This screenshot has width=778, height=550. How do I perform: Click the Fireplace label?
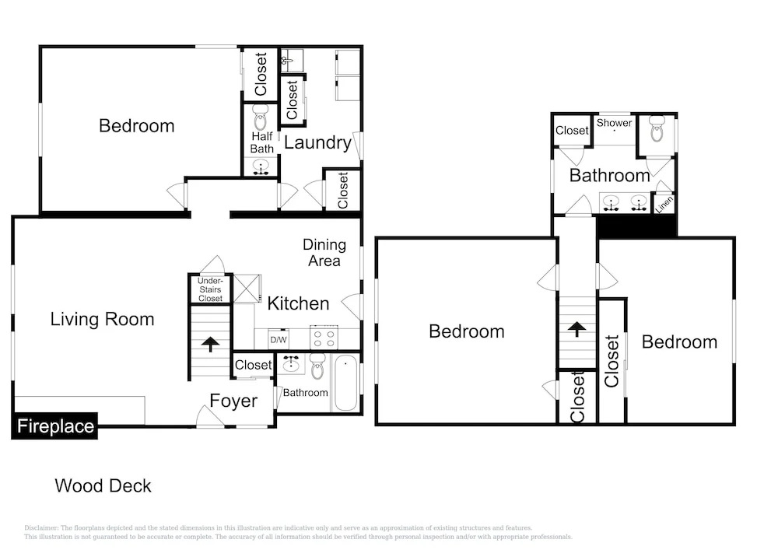pyautogui.click(x=55, y=426)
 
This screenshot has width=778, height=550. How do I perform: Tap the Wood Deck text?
pyautogui.click(x=103, y=485)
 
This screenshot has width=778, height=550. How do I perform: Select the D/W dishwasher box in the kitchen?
pyautogui.click(x=279, y=340)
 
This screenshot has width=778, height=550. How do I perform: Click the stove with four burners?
pyautogui.click(x=324, y=338)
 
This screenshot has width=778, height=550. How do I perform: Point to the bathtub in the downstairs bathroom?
pyautogui.click(x=346, y=383)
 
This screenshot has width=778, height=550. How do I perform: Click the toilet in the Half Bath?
pyautogui.click(x=261, y=118)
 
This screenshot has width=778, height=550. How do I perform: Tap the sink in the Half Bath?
pyautogui.click(x=261, y=166)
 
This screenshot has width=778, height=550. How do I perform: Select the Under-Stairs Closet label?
pyautogui.click(x=210, y=289)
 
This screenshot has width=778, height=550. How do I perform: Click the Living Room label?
pyautogui.click(x=102, y=319)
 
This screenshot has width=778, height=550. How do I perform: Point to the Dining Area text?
pyautogui.click(x=324, y=252)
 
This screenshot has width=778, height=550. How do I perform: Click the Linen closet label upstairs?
pyautogui.click(x=664, y=204)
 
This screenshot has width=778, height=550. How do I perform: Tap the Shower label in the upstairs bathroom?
pyautogui.click(x=615, y=122)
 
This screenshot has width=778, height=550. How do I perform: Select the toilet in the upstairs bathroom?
pyautogui.click(x=657, y=128)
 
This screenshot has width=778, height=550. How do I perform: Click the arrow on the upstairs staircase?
pyautogui.click(x=576, y=329)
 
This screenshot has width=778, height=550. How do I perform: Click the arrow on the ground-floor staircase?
pyautogui.click(x=210, y=344)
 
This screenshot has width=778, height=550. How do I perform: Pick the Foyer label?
pyautogui.click(x=233, y=401)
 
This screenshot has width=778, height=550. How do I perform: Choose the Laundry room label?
pyautogui.click(x=317, y=143)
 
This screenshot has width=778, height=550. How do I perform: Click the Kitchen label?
pyautogui.click(x=298, y=303)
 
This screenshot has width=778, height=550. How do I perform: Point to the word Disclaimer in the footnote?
pyautogui.click(x=40, y=528)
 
